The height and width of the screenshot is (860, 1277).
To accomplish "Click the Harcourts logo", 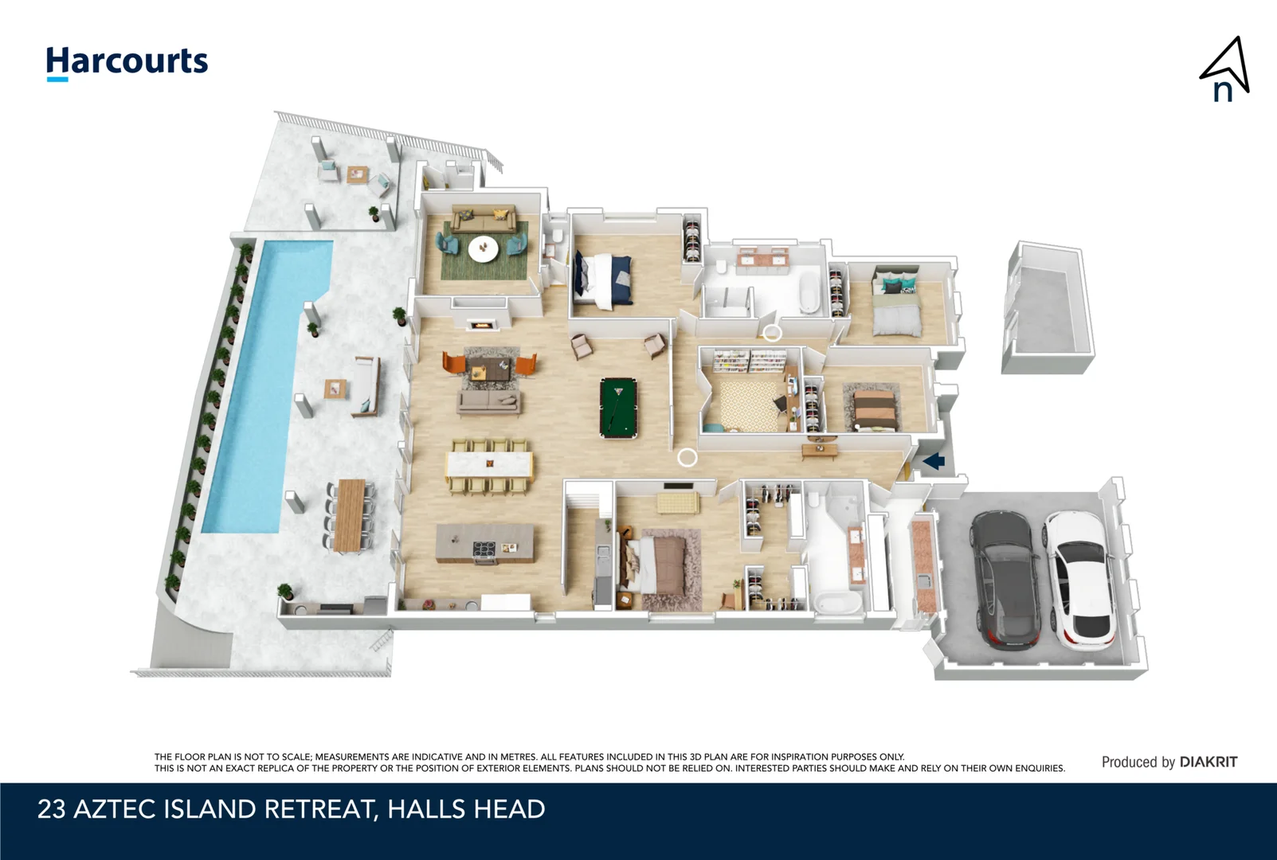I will tap(127, 62).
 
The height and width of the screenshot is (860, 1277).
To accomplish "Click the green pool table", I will tap(618, 408).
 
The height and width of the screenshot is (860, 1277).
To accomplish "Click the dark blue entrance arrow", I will tap(934, 460).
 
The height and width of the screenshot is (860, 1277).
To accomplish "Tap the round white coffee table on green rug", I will tap(483, 248).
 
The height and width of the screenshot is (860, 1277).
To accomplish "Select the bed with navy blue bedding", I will tap(605, 279).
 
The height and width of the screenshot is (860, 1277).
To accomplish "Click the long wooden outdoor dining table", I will tap(350, 514).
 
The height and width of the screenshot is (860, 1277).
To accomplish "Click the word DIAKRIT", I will tap(1208, 762).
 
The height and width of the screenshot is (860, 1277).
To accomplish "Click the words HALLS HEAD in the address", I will tap(466, 809).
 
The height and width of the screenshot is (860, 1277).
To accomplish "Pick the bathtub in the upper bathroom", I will tap(809, 294).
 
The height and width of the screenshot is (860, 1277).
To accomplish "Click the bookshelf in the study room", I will tap(749, 362).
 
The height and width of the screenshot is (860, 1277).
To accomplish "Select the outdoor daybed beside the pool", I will tap(366, 386).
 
